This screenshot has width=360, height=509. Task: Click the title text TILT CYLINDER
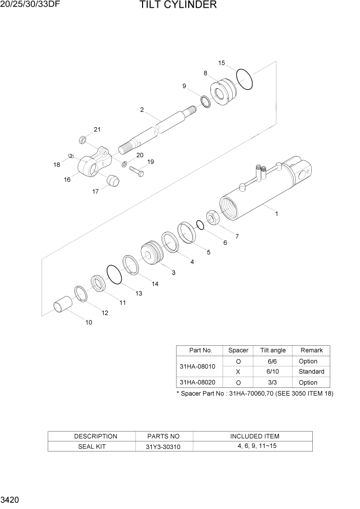coord(177,6)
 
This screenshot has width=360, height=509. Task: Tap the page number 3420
coord(11,499)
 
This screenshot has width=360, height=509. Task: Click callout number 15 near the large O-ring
coord(222,63)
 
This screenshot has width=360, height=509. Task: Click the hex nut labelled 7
coord(213,218)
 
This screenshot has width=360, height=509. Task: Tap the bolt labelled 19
coord(136,171)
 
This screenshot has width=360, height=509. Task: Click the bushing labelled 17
coord(112,181)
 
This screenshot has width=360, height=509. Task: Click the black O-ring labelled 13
coord(114,274)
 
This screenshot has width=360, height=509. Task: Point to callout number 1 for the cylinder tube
coord(276,214)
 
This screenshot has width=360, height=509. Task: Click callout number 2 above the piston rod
coord(142,110)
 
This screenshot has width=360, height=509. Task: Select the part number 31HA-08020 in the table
coord(198,382)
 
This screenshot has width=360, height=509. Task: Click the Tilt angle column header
coord(273,350)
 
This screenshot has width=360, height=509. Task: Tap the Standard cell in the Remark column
coord(311,371)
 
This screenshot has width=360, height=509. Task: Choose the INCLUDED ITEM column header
coord(254,436)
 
